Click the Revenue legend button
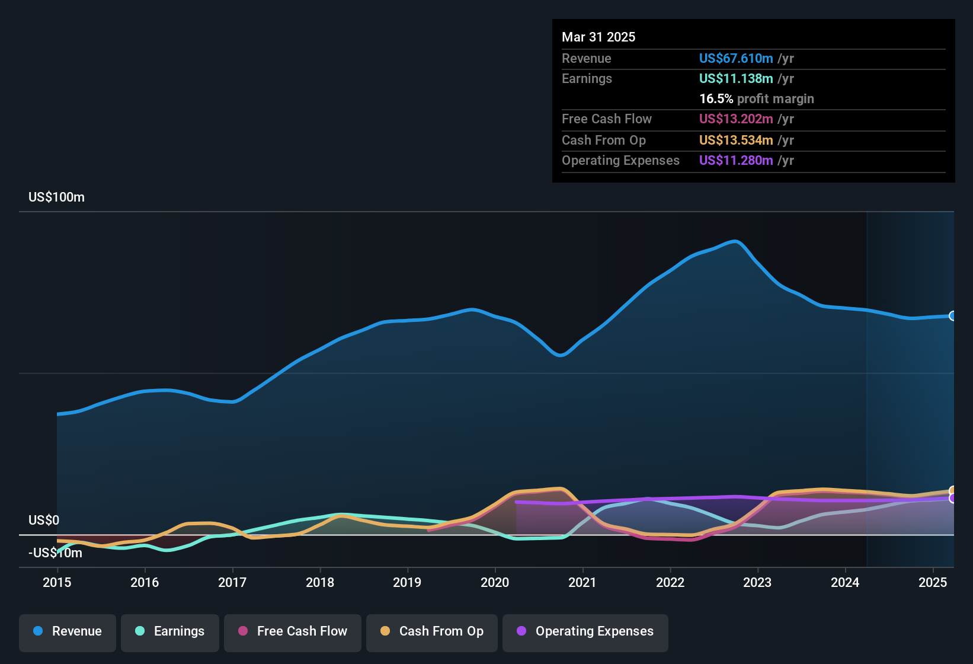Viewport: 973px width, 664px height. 68,631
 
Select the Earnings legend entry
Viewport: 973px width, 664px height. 170,631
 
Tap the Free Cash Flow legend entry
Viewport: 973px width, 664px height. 293,631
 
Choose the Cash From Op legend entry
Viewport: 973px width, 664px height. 432,631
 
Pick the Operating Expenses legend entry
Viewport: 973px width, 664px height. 585,631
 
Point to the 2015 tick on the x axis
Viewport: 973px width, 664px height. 57,582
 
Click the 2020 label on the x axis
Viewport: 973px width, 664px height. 495,582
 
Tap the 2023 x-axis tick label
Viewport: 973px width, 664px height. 757,582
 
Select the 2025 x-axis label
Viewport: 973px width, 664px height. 933,582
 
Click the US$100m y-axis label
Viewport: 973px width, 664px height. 56,197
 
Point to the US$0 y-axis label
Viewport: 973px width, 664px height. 44,521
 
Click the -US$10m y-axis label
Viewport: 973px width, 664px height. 55,553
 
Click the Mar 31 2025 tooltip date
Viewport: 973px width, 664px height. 598,37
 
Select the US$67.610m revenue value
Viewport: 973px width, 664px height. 736,59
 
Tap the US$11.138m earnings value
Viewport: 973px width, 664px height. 736,79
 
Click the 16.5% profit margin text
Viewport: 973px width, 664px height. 757,99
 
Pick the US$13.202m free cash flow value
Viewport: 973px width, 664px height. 736,119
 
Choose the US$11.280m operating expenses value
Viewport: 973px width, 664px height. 736,161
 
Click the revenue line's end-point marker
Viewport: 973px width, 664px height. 952,316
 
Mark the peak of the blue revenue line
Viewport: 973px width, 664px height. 735,241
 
